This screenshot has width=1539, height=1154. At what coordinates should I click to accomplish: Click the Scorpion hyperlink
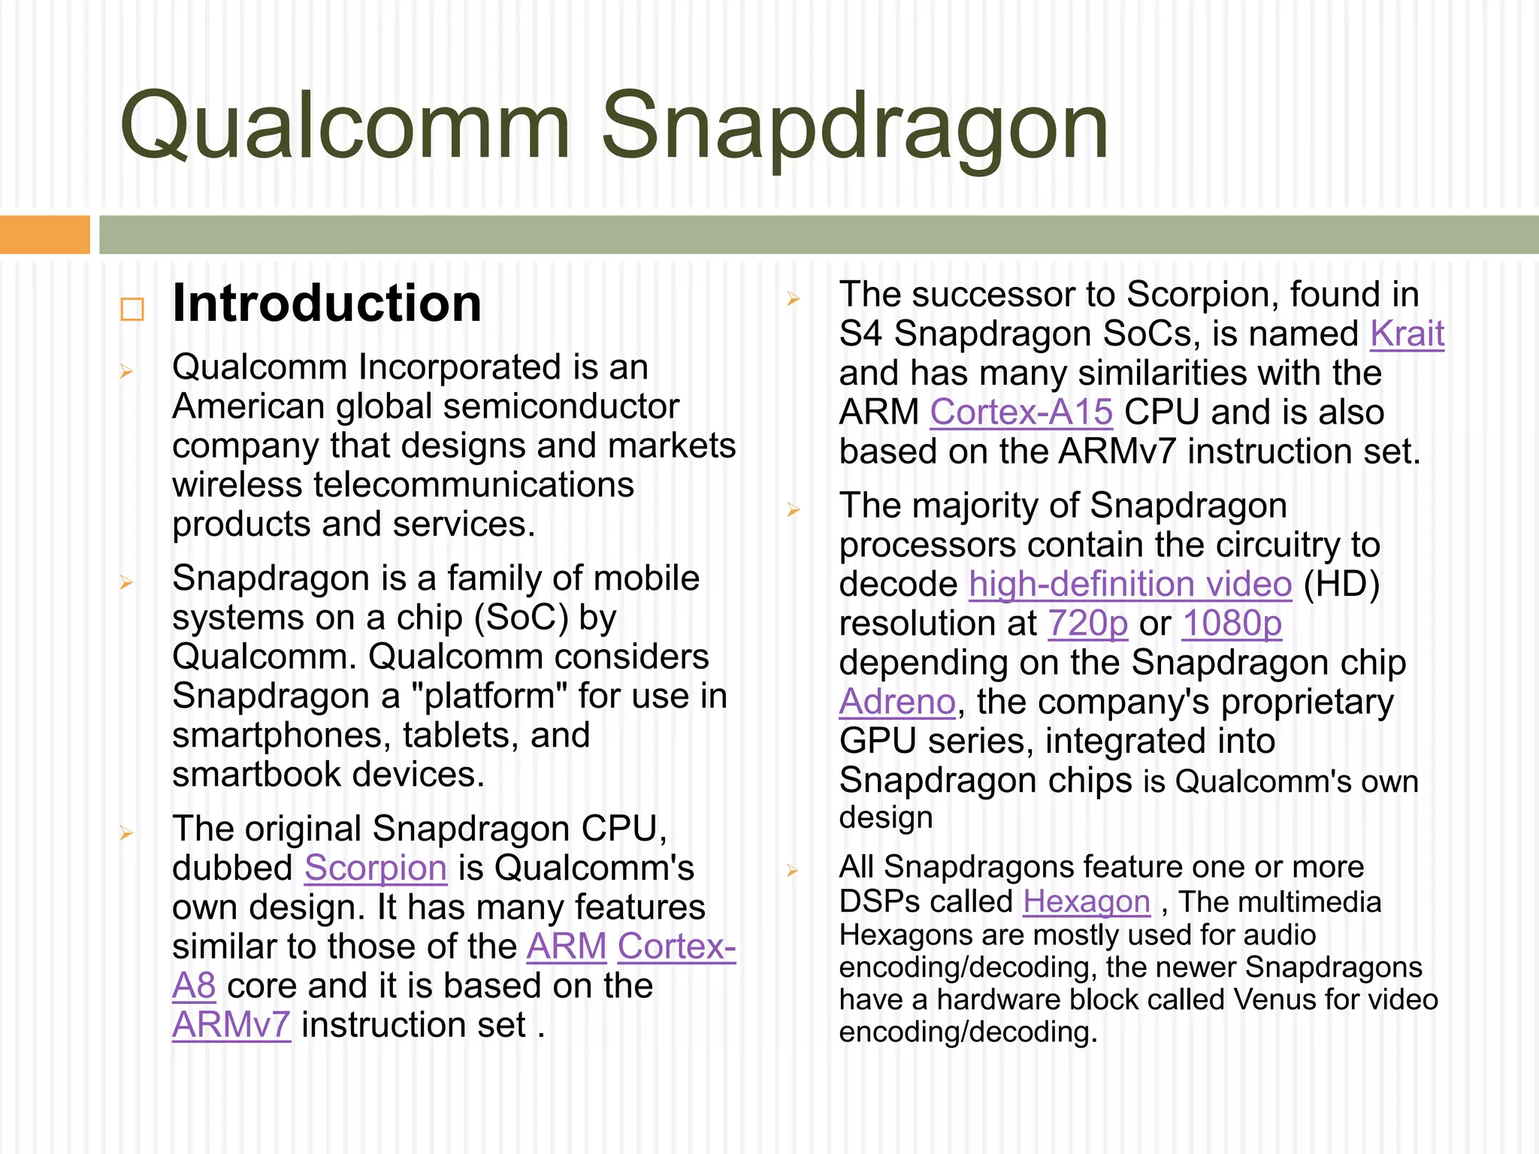coord(376,869)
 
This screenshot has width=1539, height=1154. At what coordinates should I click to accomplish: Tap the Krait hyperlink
coord(1406,334)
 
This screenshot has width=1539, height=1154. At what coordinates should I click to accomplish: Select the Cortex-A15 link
coord(1020,412)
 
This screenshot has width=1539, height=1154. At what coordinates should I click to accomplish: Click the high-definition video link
coord(1129,585)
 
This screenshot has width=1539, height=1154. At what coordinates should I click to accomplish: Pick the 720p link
coord(1087,624)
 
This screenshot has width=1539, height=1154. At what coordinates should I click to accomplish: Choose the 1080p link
coord(1232,624)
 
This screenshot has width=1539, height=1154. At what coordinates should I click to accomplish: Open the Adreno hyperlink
coord(897,702)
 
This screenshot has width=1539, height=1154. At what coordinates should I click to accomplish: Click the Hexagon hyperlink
coord(1086,902)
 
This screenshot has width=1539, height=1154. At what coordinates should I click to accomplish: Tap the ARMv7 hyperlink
coord(231,1026)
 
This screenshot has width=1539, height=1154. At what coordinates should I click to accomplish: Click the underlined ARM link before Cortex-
coord(567,947)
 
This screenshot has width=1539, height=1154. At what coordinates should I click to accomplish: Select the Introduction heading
coord(327,304)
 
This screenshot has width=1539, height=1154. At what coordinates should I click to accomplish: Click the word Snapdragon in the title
coord(854,126)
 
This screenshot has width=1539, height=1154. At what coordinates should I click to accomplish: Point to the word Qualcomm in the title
coord(345,126)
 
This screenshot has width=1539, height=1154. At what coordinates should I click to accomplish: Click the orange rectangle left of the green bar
coord(44,234)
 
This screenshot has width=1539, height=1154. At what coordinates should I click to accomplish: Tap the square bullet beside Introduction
coord(132,309)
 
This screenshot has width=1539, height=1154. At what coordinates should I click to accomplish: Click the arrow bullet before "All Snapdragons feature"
coord(793,870)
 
